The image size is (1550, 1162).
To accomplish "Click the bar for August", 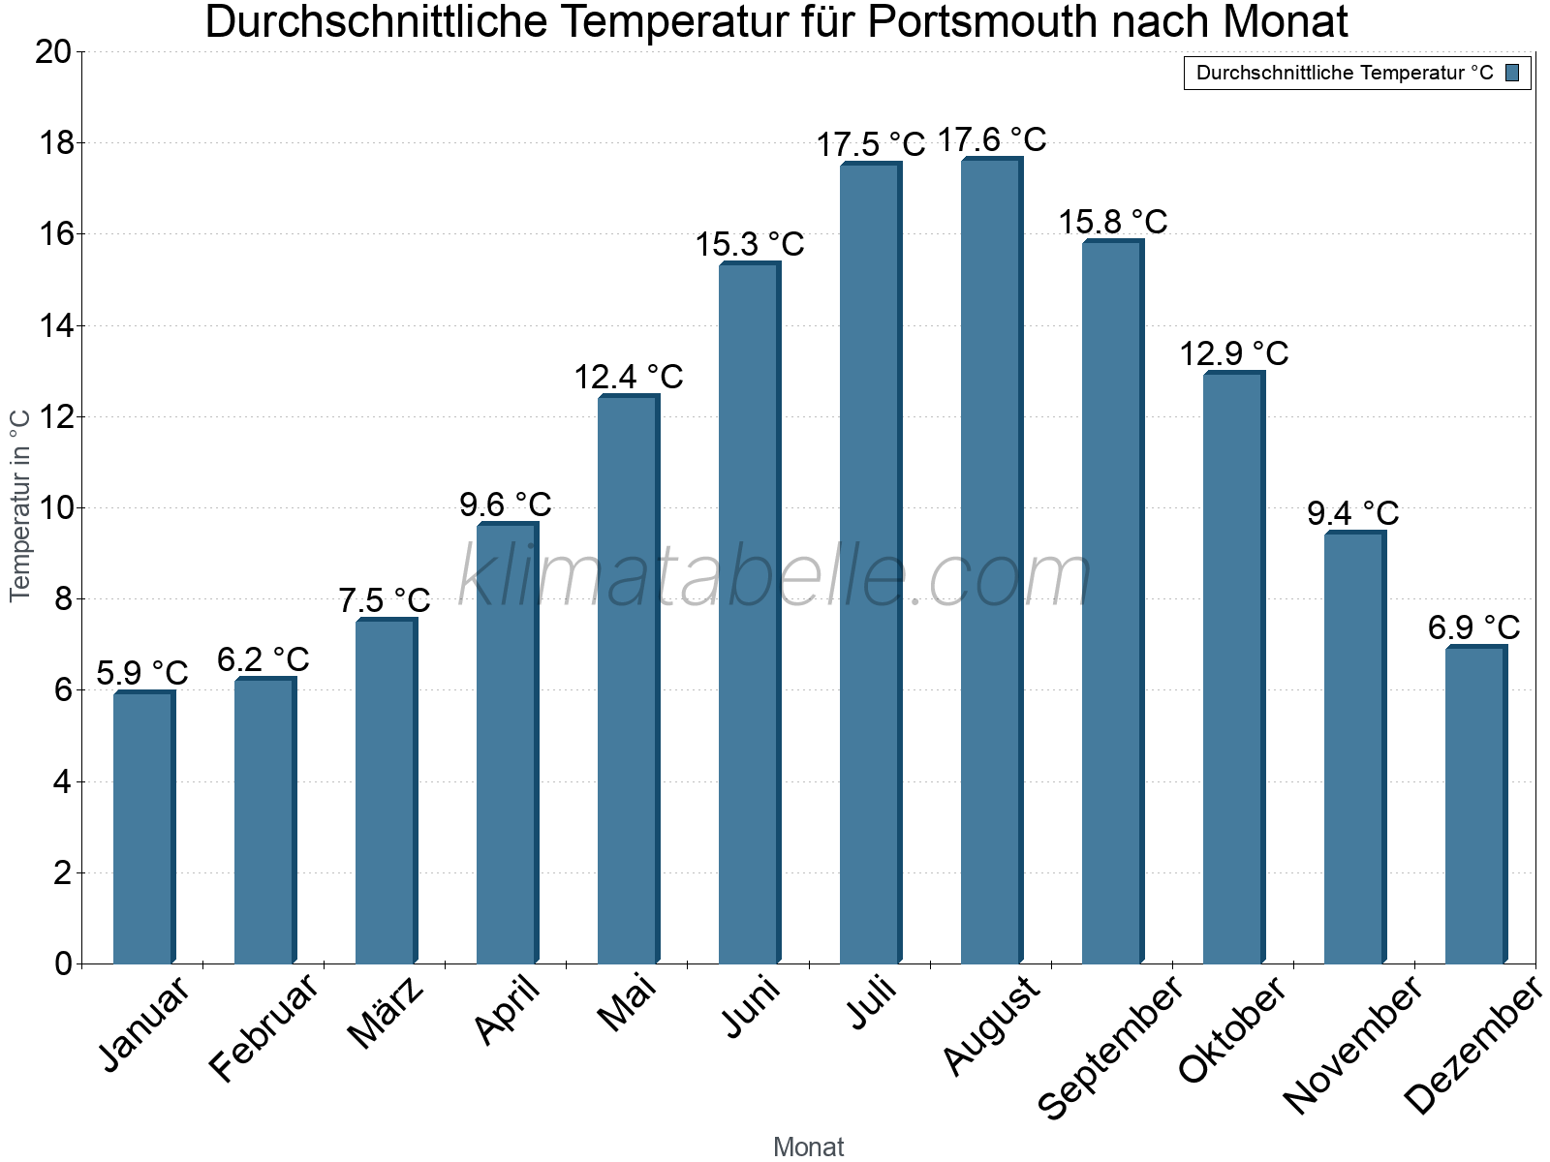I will point(991,562).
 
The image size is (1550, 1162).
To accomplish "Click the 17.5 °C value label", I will point(871,145).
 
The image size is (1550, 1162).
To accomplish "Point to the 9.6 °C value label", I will point(505,505).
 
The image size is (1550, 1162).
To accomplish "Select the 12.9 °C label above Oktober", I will point(1233,353).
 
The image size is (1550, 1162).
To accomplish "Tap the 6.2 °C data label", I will point(263,659).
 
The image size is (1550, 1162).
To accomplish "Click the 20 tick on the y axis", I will point(53,52).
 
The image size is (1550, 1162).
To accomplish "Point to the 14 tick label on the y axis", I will point(53,326).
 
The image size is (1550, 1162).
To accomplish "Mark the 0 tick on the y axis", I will point(63,963).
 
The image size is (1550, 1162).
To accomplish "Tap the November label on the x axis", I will point(1353,1045).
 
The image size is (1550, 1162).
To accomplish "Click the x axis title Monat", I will point(808,1147).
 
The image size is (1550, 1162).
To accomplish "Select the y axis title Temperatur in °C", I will point(20,505).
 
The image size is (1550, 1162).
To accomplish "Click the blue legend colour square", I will point(1512,73).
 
